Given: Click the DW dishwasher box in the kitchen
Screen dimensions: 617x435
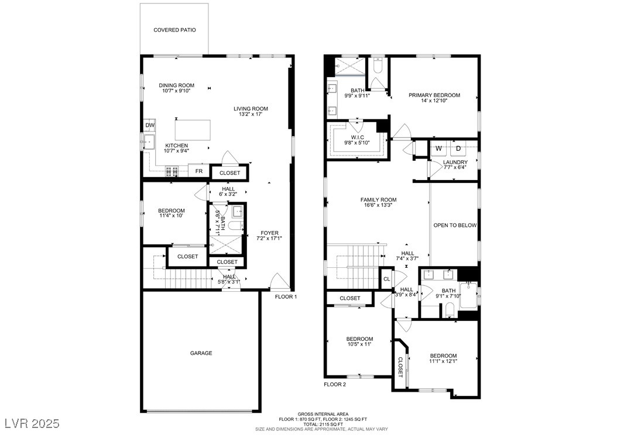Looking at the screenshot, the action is [x=149, y=125].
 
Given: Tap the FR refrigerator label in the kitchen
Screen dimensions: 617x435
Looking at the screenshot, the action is [x=199, y=171].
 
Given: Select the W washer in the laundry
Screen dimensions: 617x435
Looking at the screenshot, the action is [x=438, y=149].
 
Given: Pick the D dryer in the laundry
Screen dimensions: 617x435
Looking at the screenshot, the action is [x=458, y=149].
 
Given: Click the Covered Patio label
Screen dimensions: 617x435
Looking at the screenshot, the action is [x=174, y=30].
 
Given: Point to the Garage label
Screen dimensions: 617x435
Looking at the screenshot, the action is [x=201, y=353].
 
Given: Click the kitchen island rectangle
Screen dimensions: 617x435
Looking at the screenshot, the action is [x=193, y=130].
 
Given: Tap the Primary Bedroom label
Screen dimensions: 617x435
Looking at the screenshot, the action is [x=434, y=95].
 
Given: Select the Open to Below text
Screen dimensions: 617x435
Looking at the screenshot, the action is [x=455, y=225].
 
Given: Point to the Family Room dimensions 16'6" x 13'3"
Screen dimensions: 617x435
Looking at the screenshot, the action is [x=379, y=205].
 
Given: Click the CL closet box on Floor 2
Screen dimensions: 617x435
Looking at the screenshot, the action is [x=386, y=279].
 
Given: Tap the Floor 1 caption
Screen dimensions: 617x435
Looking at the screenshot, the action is [x=286, y=296].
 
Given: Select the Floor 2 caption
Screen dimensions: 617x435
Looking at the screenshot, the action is [x=334, y=384].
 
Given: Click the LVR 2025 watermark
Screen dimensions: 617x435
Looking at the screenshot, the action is [x=32, y=424].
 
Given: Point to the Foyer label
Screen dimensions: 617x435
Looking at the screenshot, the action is [x=269, y=233].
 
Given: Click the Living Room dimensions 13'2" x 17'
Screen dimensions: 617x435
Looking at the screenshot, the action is [x=251, y=115].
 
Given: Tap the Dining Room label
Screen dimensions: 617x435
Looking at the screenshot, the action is [x=177, y=85].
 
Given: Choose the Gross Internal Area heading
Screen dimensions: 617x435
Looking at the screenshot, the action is [x=323, y=414].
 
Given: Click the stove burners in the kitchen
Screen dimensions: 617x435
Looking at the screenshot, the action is [x=172, y=171].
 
